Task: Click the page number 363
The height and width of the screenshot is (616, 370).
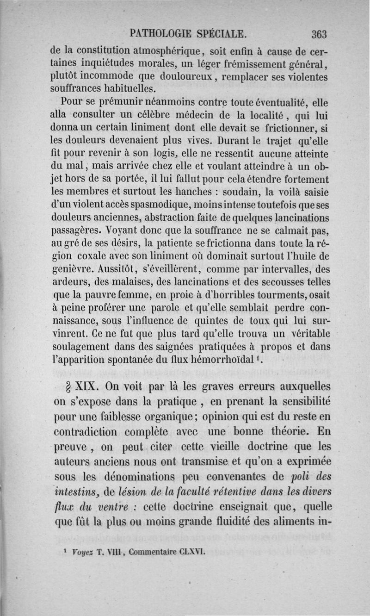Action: coord(319,34)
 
